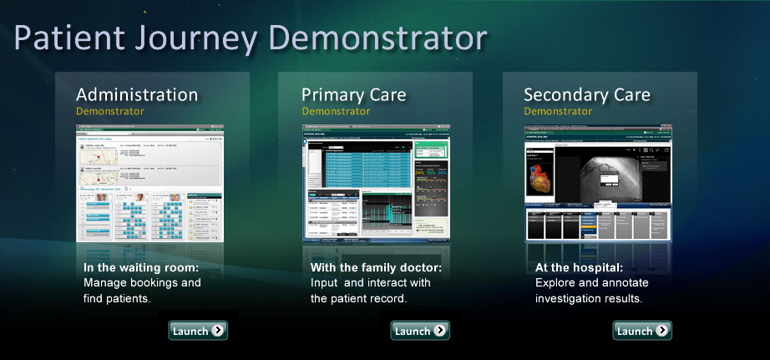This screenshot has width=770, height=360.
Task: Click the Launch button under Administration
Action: coord(198,331)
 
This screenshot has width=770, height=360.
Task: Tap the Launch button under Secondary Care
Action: coord(642,331)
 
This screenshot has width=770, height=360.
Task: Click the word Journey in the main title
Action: coord(206,39)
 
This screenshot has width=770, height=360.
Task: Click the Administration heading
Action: coord(137,94)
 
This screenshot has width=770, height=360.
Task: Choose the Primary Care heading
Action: coord(353,94)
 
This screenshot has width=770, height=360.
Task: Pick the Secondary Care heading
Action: coord(586,94)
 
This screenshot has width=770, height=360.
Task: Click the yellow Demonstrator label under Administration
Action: coord(109,111)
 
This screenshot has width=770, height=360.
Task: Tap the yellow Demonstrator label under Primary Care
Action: coord(335,111)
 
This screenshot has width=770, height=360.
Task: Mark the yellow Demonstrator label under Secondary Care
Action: coord(558,111)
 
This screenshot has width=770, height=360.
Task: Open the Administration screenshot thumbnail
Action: coord(150,183)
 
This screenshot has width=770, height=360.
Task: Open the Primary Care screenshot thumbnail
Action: coord(375,183)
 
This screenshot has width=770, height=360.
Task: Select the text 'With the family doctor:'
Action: coord(375,268)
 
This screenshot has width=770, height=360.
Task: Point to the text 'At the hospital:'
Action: coord(579,268)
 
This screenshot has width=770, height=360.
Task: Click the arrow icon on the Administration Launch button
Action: coord(217,331)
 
